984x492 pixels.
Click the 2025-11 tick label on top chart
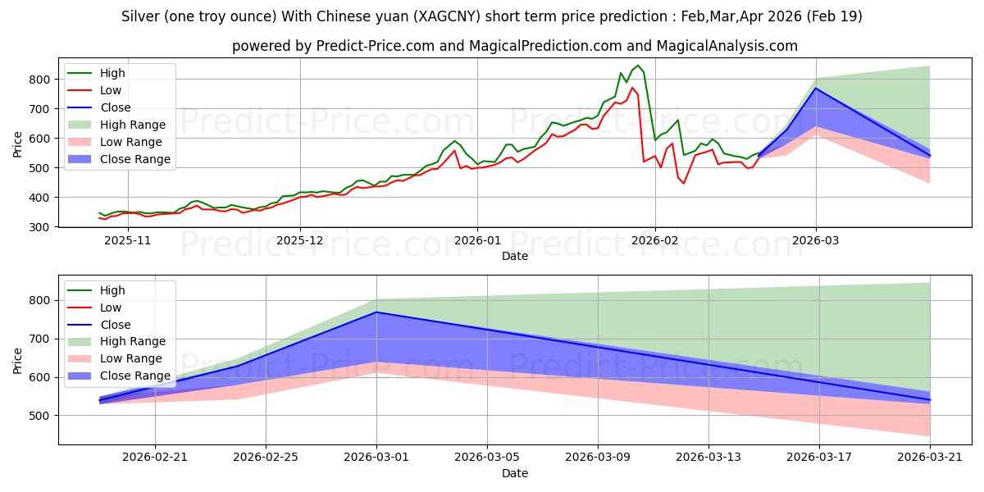(127, 241)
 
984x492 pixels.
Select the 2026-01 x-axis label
(477, 241)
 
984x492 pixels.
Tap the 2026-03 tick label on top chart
(815, 241)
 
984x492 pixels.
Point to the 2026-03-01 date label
(376, 458)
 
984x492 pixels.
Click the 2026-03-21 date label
(930, 458)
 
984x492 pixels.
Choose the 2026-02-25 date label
(266, 458)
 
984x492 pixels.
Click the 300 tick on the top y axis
(39, 227)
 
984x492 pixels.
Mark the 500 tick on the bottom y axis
(39, 416)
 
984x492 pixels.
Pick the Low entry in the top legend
(110, 90)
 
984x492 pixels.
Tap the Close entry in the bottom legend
(115, 325)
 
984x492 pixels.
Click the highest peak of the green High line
(638, 66)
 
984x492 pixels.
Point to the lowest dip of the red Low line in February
(684, 183)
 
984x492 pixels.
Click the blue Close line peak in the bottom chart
(376, 312)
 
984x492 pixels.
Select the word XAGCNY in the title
(447, 16)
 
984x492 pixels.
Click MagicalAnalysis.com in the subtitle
(727, 46)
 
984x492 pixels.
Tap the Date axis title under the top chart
(515, 256)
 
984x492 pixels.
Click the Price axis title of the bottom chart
(17, 361)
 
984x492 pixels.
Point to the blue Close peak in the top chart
(816, 89)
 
